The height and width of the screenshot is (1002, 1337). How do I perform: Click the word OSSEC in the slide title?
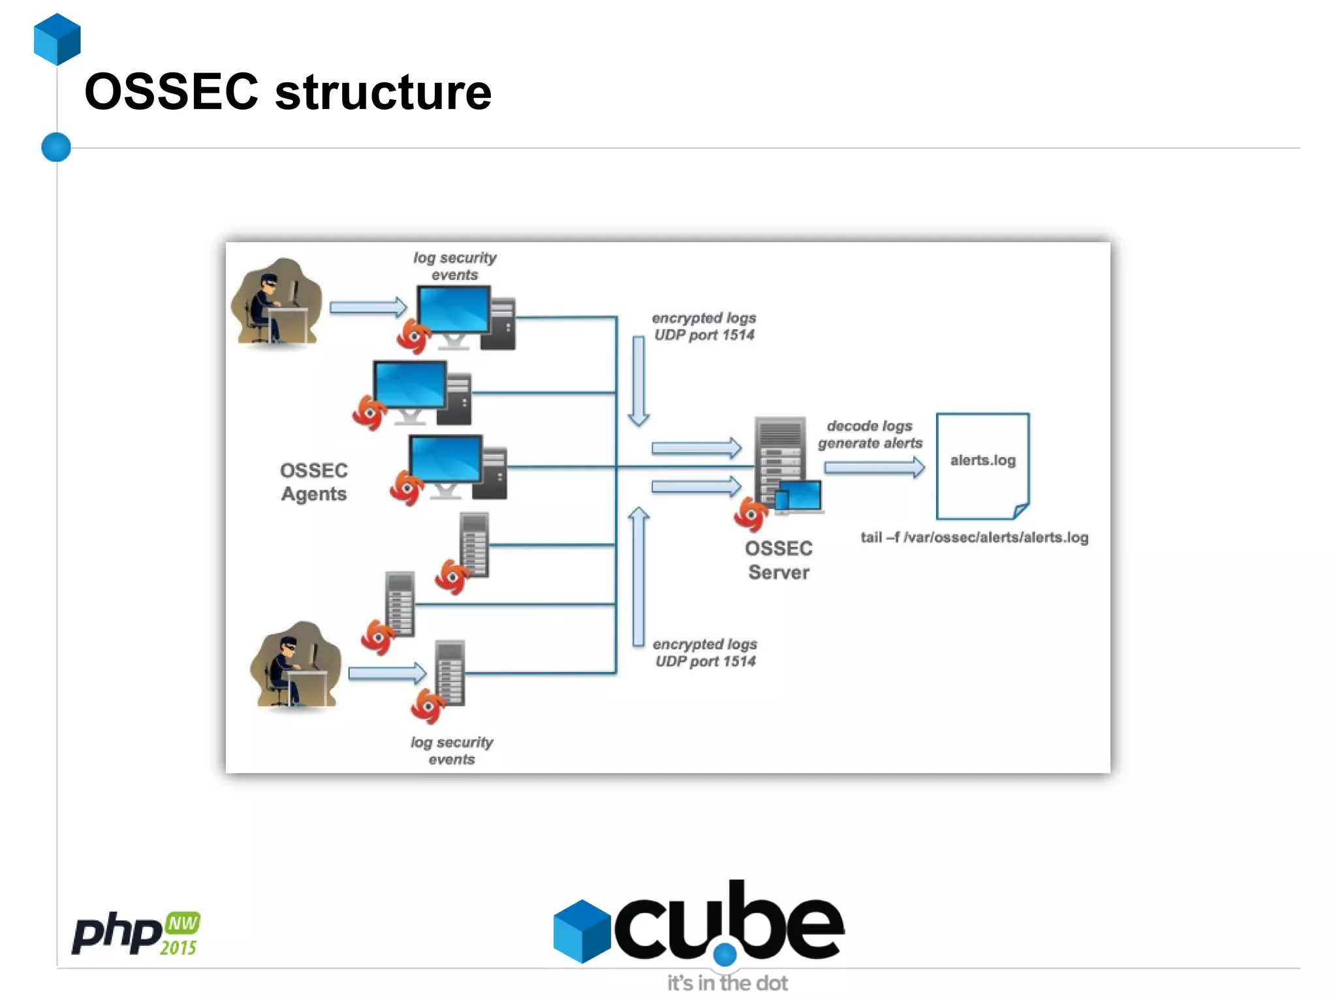point(171,92)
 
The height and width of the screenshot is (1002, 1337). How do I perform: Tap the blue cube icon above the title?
point(57,39)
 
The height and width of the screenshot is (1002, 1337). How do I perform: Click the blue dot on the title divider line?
point(56,147)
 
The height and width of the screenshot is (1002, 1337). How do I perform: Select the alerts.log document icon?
point(983,465)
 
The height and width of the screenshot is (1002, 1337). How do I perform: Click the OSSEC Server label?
point(778,560)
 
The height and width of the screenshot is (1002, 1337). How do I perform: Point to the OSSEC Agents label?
point(313,482)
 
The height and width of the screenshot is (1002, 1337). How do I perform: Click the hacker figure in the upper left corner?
point(277,302)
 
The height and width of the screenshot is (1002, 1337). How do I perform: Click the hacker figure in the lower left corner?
point(296,665)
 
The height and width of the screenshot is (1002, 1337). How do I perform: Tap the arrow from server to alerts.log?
point(874,467)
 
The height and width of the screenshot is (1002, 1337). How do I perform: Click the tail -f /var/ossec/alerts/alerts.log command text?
point(974,537)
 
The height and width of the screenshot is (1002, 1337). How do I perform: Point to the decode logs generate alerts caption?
point(870,434)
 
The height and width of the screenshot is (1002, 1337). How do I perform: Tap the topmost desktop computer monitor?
point(454,311)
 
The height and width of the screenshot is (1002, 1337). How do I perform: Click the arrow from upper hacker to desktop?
point(368,307)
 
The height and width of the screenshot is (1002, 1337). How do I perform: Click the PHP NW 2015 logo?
point(136,933)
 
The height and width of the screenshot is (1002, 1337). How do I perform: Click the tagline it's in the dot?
point(727,982)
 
